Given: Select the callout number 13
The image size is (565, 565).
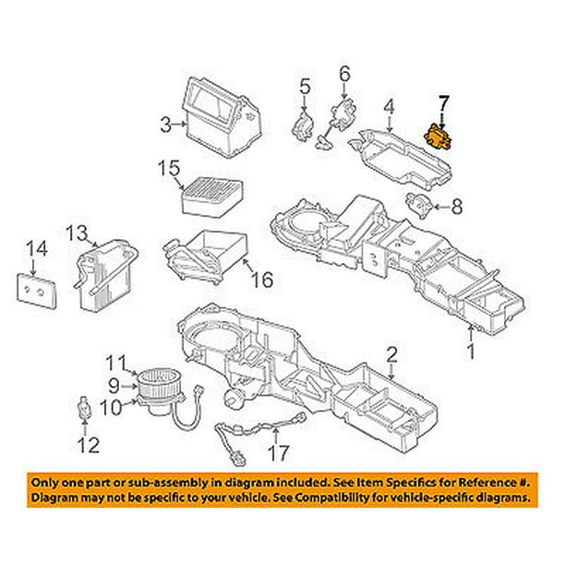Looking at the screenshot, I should click(x=76, y=232).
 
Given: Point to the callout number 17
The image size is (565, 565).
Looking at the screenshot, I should click(x=278, y=453).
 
